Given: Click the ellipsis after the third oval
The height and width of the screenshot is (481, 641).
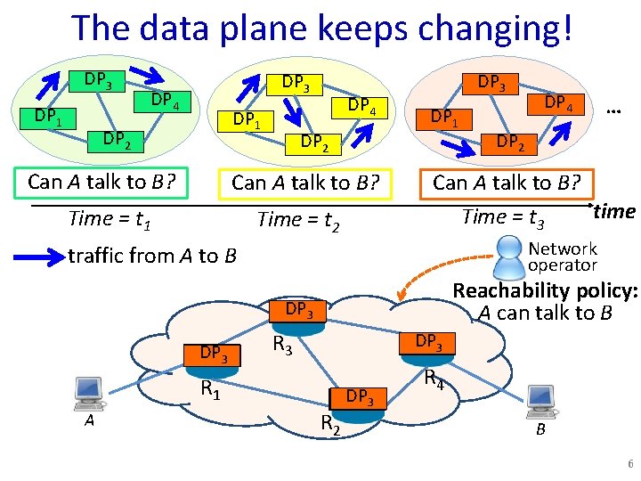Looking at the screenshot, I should (612, 110).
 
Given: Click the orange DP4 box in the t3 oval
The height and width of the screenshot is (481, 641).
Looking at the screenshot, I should (558, 103).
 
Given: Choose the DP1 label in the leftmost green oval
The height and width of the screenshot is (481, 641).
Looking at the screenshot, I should (48, 116).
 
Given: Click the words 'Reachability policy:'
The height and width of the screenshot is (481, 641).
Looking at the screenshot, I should (545, 291).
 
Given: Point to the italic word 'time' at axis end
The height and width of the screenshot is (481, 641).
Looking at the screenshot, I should (614, 211).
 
